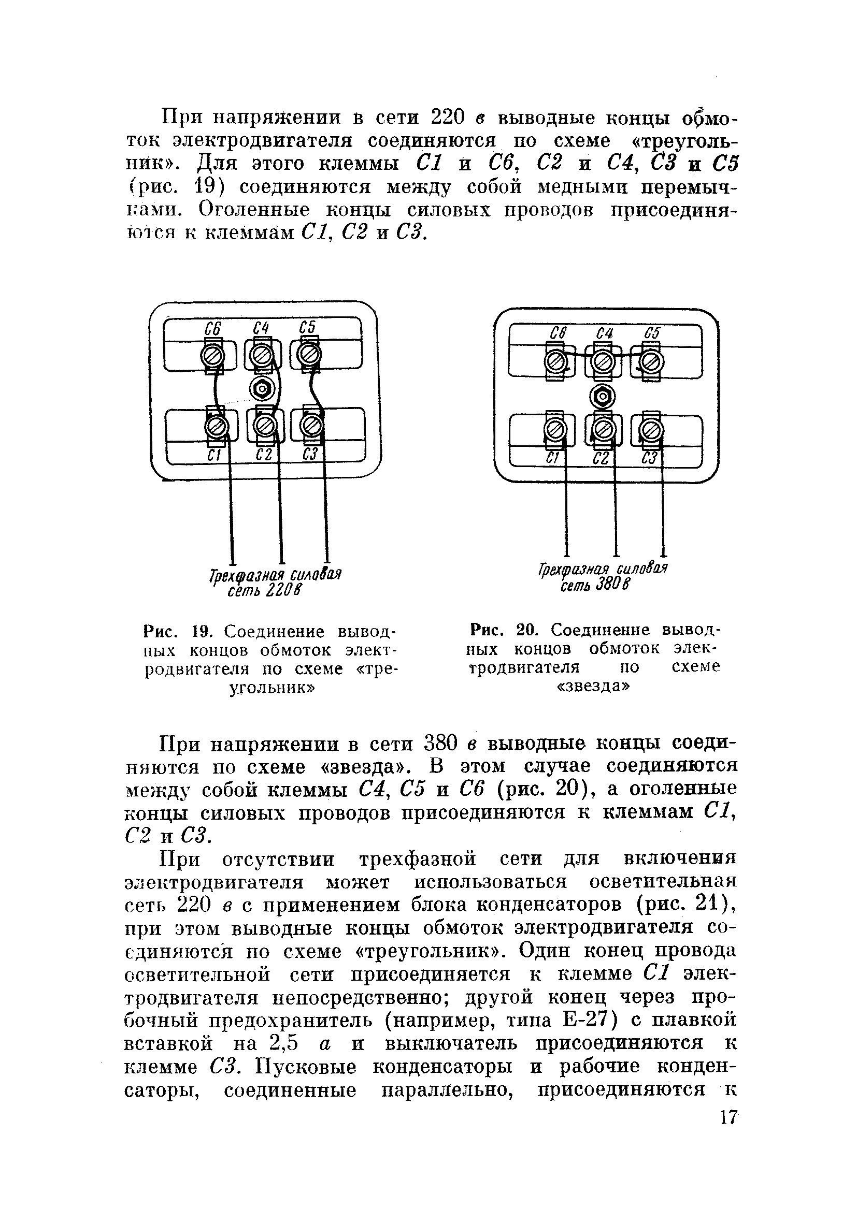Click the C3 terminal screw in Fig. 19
tap(312, 425)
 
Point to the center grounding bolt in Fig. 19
tap(261, 390)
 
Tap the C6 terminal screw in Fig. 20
tap(556, 363)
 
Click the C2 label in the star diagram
tap(601, 459)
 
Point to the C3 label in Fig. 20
tap(650, 459)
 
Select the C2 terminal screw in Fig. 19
tap(264, 425)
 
